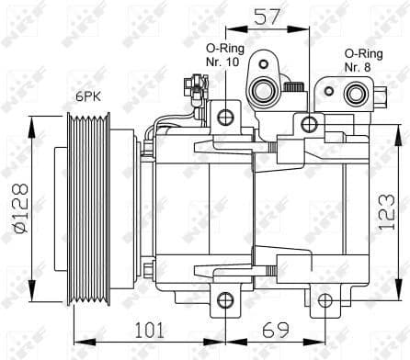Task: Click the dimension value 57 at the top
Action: tap(267, 16)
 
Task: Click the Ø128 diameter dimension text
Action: tap(18, 208)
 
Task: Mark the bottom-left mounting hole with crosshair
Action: tap(225, 299)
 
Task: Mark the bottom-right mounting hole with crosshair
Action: tap(323, 299)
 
